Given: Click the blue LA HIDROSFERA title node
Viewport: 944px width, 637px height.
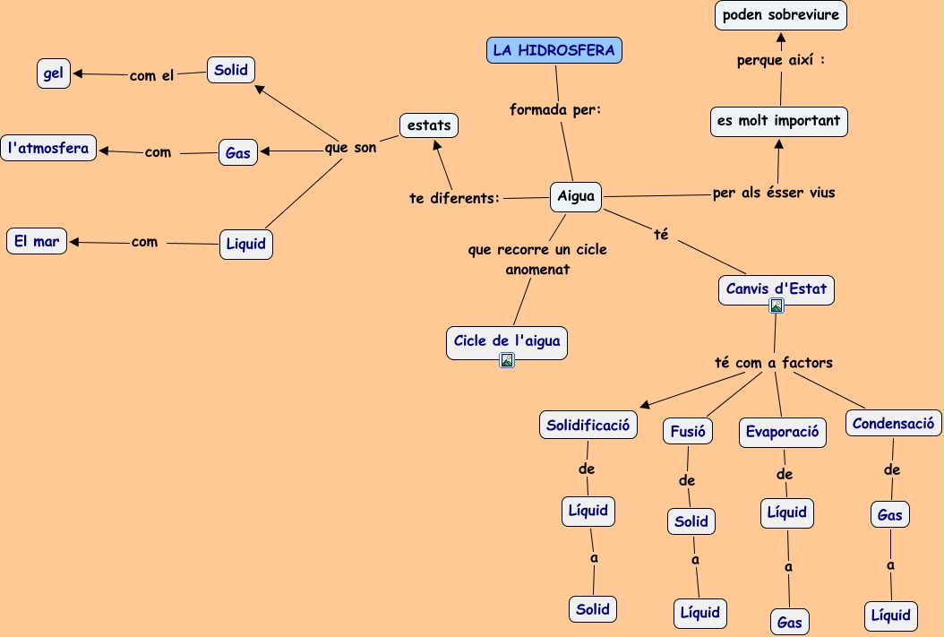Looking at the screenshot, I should tap(554, 50).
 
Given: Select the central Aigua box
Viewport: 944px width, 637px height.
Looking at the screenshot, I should tap(576, 196).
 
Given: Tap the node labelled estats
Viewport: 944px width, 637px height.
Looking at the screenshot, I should tap(429, 125).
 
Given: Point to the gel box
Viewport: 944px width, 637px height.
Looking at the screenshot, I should tap(54, 73).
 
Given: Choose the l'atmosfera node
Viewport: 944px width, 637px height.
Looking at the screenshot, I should tap(48, 148).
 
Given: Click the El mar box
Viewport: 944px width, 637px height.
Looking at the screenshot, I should tap(37, 241).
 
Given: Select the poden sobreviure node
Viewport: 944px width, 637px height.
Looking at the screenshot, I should tap(780, 15).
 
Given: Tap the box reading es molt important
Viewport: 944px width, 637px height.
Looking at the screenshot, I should tap(778, 121).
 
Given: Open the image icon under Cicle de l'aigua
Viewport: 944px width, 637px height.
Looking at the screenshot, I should tap(507, 360).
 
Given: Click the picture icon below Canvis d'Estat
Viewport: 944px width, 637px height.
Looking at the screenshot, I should tap(777, 306).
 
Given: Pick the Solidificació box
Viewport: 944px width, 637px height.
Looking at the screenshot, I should tap(588, 425).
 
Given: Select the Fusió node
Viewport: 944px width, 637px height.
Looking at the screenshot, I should tap(688, 431).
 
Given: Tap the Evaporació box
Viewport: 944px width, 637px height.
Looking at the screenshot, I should tap(782, 432).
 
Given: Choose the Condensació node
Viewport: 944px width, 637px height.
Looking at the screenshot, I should tap(893, 423).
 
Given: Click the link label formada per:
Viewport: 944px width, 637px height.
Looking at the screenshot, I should tap(555, 110).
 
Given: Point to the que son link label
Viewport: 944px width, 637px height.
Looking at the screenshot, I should tap(351, 148).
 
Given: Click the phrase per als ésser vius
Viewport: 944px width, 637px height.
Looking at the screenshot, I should tap(774, 193).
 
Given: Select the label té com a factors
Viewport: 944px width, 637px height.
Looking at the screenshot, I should tap(774, 363).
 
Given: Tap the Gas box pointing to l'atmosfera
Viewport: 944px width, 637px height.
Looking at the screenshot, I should tap(237, 153).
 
